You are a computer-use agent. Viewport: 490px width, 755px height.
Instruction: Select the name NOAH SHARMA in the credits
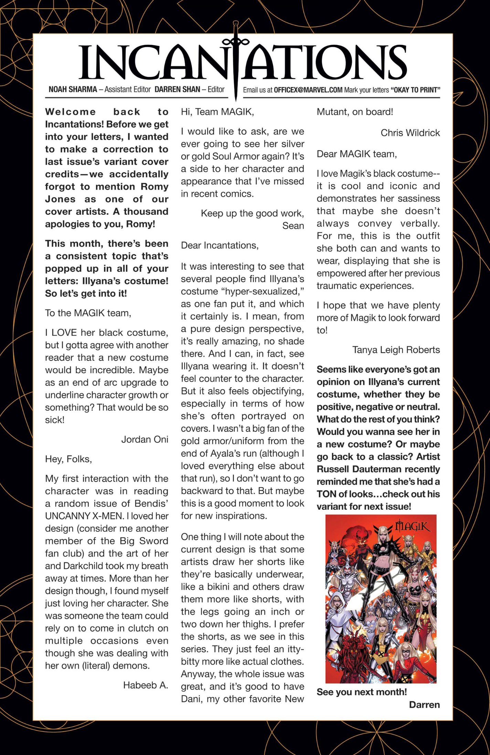pyautogui.click(x=73, y=90)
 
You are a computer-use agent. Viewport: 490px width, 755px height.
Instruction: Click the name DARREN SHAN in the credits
pyautogui.click(x=177, y=90)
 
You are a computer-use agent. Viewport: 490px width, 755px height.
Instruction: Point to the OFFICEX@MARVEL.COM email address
pyautogui.click(x=308, y=90)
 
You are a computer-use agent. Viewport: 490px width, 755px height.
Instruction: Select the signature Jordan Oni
pyautogui.click(x=145, y=440)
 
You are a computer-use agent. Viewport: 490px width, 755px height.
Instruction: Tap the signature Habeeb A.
pyautogui.click(x=146, y=685)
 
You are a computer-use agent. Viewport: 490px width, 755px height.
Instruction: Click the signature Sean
pyautogui.click(x=293, y=226)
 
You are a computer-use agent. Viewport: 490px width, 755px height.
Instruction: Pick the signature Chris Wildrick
pyautogui.click(x=410, y=133)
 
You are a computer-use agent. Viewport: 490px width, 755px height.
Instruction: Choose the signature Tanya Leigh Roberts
pyautogui.click(x=396, y=350)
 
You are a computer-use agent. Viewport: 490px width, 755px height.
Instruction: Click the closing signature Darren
pyautogui.click(x=424, y=705)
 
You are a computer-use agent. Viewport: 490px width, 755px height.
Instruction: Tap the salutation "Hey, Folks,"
pyautogui.click(x=68, y=459)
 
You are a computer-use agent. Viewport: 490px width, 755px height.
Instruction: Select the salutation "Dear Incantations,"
pyautogui.click(x=220, y=245)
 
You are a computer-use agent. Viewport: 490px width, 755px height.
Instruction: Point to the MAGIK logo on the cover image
pyautogui.click(x=412, y=526)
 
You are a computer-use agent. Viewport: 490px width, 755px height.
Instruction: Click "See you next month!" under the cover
pyautogui.click(x=361, y=692)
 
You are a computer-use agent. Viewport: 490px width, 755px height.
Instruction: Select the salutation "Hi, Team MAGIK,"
pyautogui.click(x=217, y=112)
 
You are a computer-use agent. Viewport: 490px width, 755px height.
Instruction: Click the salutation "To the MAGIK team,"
pyautogui.click(x=88, y=313)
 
